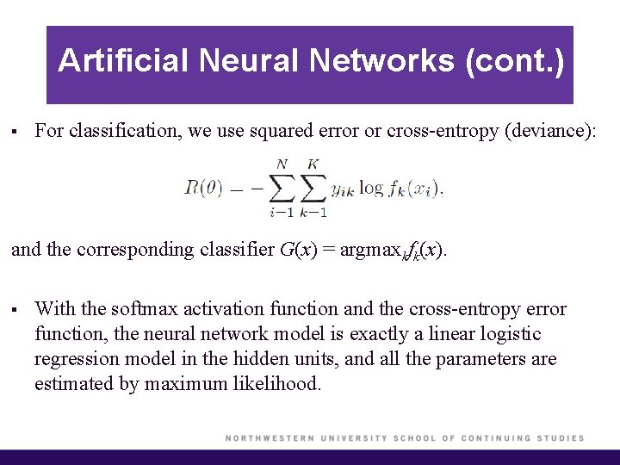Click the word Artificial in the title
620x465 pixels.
point(123,60)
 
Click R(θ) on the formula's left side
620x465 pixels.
point(203,187)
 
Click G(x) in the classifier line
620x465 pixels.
point(298,250)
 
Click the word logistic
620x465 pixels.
point(508,333)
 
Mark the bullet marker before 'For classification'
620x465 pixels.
point(15,132)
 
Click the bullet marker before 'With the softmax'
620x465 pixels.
point(15,309)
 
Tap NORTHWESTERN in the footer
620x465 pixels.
point(270,438)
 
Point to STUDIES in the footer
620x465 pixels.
point(561,438)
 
